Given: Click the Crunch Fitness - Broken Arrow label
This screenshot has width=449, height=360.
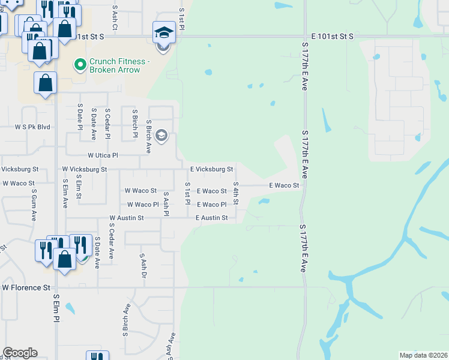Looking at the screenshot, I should pos(114,65).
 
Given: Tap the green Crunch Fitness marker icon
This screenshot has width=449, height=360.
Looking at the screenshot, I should pos(79,63).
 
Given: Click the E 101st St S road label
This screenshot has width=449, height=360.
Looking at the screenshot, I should pos(328,37).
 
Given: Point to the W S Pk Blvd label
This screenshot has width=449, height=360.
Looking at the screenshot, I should pos(32,127).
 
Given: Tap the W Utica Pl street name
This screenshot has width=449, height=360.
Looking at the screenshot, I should pos(103,155).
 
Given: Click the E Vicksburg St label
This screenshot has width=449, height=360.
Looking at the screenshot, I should pos(211,170).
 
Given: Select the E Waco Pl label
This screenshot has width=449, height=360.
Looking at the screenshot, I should pos(211,205).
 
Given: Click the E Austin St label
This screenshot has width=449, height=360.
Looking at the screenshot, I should pos(211,218).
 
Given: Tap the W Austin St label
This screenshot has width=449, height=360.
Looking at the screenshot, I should pos(126,218).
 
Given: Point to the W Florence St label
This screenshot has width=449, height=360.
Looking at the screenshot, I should pos(26,288).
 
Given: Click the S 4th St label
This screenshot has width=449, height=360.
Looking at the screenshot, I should pos(236,193).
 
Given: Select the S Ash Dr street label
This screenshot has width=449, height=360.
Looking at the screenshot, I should pos(143,265).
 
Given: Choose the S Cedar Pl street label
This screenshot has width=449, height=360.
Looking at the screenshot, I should pos(107,123).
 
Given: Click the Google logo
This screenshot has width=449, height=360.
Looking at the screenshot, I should pos(19,353).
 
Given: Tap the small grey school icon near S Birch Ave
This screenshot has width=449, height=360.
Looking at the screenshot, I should pos(161,136).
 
